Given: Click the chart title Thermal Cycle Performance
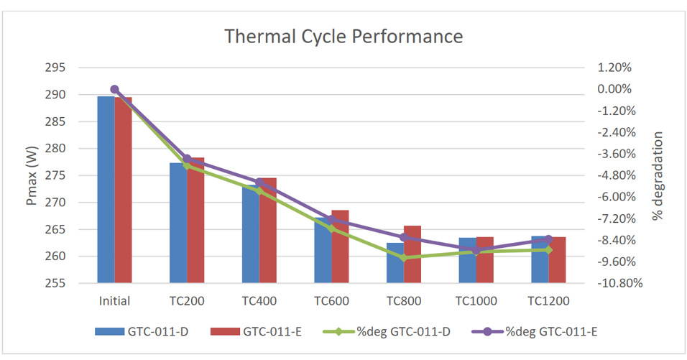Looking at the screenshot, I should [343, 36].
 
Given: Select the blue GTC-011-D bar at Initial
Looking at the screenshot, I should [106, 190].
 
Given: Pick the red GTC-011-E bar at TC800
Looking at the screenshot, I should [412, 254].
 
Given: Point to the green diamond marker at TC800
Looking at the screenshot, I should [404, 257].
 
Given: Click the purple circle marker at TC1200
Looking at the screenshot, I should [548, 239].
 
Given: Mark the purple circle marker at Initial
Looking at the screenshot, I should [114, 89].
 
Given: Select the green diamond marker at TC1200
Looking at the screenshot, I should [548, 249].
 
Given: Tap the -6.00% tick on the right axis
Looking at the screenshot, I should [615, 197].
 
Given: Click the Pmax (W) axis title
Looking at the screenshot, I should [32, 175].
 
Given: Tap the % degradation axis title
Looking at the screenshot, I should [658, 175].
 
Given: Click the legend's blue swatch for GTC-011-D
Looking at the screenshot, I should [109, 331].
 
